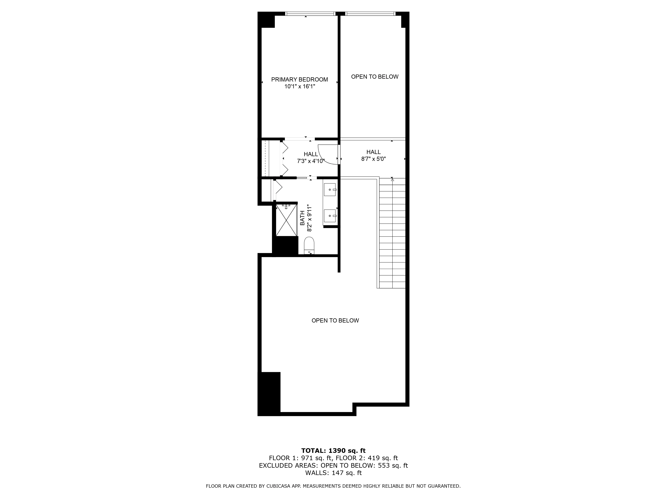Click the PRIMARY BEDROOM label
[x=299, y=79]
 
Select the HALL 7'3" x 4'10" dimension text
[x=311, y=161]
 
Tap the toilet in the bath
[x=309, y=245]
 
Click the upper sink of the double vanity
[x=329, y=189]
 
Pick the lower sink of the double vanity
[x=329, y=216]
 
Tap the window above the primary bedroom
[x=310, y=13]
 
